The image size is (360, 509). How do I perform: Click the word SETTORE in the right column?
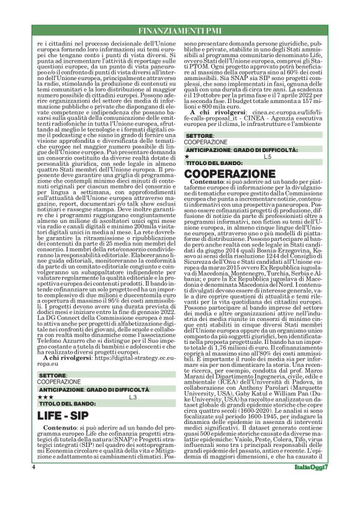click(199, 134)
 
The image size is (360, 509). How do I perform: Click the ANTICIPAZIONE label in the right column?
click(209, 150)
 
